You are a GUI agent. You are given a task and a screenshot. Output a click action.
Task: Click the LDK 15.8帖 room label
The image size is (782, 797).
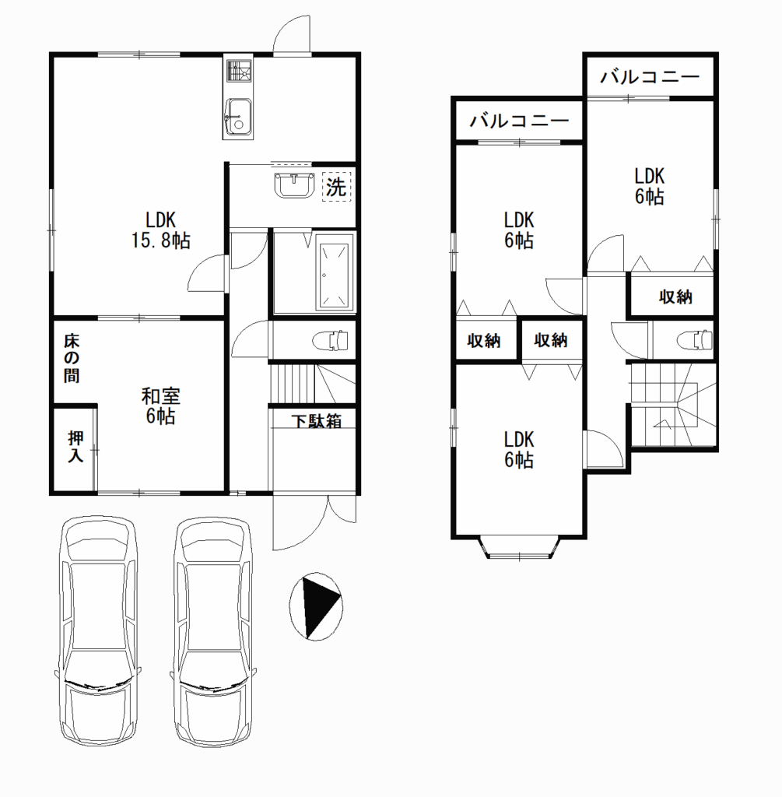pyautogui.click(x=160, y=230)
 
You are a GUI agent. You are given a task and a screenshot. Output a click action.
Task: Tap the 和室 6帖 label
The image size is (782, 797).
pyautogui.click(x=160, y=406)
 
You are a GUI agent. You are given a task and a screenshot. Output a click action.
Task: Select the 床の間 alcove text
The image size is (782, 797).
pyautogui.click(x=72, y=358)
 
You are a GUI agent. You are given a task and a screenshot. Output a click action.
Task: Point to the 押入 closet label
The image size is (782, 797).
pyautogui.click(x=75, y=446)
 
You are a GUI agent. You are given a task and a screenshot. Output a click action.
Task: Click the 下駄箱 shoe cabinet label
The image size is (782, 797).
pyautogui.click(x=316, y=421)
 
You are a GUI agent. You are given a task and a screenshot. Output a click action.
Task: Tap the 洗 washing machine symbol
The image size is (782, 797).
pyautogui.click(x=336, y=187)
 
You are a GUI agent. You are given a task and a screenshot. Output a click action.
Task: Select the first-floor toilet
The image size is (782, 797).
pyautogui.click(x=330, y=340)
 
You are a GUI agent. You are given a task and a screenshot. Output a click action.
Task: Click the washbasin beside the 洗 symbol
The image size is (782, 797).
pyautogui.click(x=295, y=185)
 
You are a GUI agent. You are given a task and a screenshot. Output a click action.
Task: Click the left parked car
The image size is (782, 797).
pyautogui.click(x=96, y=631)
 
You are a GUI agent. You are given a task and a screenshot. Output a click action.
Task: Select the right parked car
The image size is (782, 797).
pyautogui.click(x=213, y=631)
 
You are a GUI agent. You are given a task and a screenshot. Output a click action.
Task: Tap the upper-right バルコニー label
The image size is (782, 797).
pyautogui.click(x=650, y=77)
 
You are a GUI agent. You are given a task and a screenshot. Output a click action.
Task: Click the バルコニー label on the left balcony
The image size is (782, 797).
pyautogui.click(x=519, y=121)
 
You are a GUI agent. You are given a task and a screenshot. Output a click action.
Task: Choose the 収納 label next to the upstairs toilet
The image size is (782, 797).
pyautogui.click(x=675, y=297)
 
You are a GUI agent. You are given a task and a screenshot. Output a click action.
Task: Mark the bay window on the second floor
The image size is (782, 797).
pyautogui.click(x=519, y=547)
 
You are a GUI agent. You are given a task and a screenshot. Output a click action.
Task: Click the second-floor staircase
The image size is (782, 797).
pyautogui.click(x=673, y=405)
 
